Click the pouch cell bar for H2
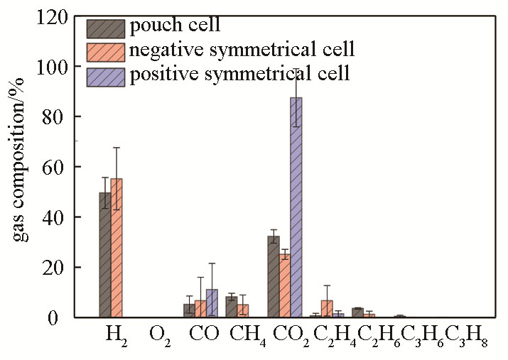click(105, 255)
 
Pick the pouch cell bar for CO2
click(273, 277)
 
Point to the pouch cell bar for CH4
click(232, 307)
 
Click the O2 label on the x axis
click(159, 334)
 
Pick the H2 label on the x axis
click(116, 334)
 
